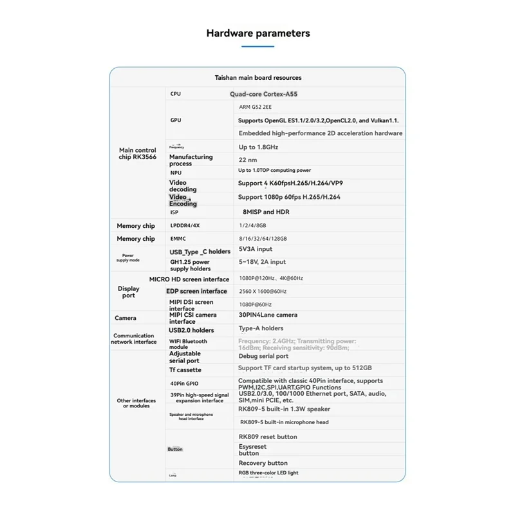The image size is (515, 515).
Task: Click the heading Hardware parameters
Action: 257,33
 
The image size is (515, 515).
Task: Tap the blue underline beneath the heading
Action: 257,46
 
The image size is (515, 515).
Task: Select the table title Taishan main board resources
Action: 257,78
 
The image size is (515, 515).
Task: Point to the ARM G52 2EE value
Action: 256,108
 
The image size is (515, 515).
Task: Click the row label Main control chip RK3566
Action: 137,154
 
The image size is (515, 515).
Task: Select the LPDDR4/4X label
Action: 185,226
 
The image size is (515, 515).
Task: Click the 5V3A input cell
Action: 256,249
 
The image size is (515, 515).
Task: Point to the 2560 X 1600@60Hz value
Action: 262,291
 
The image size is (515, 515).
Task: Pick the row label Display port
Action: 129,292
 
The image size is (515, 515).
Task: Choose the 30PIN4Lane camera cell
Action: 268,315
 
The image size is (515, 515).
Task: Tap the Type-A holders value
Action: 261,328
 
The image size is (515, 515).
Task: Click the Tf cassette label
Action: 185,370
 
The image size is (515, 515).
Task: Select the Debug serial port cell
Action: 263,356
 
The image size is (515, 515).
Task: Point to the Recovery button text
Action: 263,463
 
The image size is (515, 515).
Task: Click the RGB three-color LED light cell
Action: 268,473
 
